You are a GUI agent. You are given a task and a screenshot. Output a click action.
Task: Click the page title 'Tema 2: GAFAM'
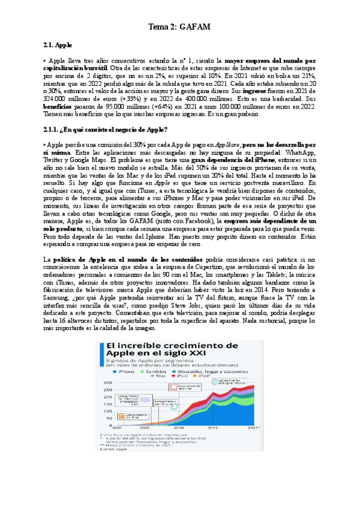[179, 27]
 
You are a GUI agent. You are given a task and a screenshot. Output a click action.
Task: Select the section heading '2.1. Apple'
[59, 45]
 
